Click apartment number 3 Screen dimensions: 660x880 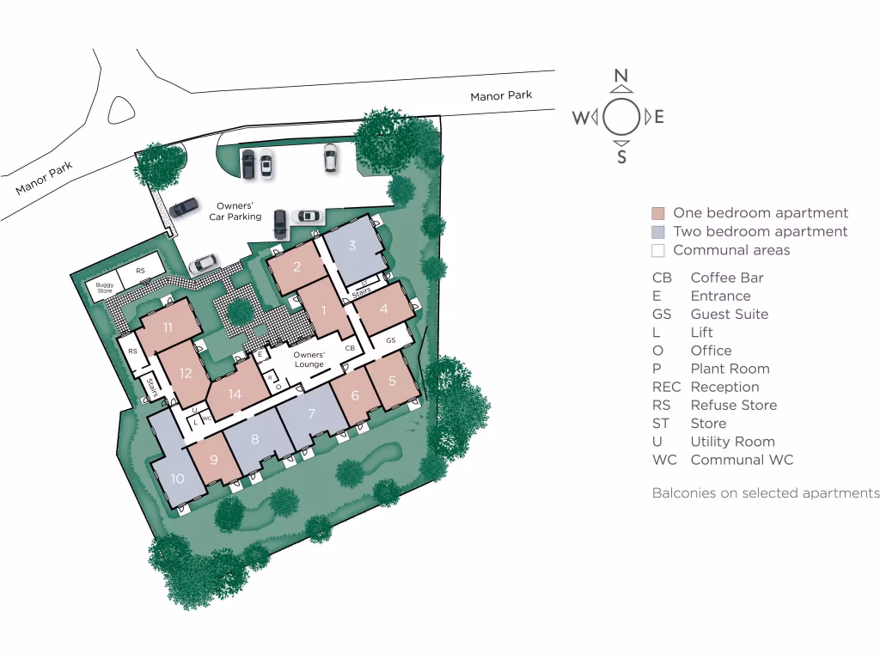tap(352, 245)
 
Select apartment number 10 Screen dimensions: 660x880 tap(178, 478)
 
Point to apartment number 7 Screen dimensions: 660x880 tap(311, 413)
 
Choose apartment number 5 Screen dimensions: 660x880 tap(393, 381)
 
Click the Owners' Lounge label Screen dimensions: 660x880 tap(309, 359)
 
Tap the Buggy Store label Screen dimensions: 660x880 tap(105, 289)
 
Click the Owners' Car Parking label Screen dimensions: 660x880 tap(235, 211)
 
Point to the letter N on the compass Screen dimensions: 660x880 tap(621, 76)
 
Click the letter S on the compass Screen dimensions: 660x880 tap(621, 156)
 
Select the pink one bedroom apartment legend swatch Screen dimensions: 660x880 tap(658, 214)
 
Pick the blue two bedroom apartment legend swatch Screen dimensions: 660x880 tap(658, 232)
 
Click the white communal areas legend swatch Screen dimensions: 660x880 tap(658, 251)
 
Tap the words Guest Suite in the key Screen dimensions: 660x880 tap(729, 315)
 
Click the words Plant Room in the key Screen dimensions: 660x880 tap(730, 369)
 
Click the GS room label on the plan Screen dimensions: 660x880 tap(390, 340)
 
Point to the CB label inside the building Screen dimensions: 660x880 tap(350, 348)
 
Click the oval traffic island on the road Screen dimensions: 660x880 tap(121, 110)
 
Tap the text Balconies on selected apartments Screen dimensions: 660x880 tap(765, 493)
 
